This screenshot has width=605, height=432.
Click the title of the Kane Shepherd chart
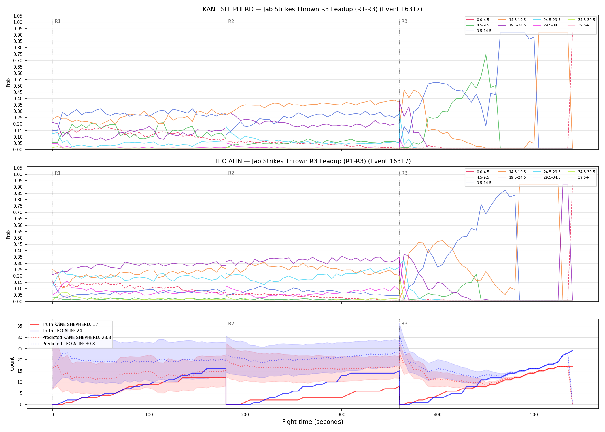click(313, 9)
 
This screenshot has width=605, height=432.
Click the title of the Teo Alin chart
click(313, 161)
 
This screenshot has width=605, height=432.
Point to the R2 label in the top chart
click(231, 21)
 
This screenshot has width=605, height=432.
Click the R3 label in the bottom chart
click(404, 324)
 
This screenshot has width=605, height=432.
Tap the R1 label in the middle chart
click(58, 173)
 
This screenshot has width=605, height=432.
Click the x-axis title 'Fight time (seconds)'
click(313, 422)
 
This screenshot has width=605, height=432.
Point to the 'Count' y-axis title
click(12, 364)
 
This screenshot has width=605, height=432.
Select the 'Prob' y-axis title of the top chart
click(8, 82)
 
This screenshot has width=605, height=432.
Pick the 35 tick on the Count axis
click(20, 326)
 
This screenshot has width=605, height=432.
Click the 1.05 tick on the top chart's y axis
click(18, 16)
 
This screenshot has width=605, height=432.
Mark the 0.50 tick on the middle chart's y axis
click(18, 238)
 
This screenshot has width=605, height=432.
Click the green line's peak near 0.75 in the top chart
click(486, 55)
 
